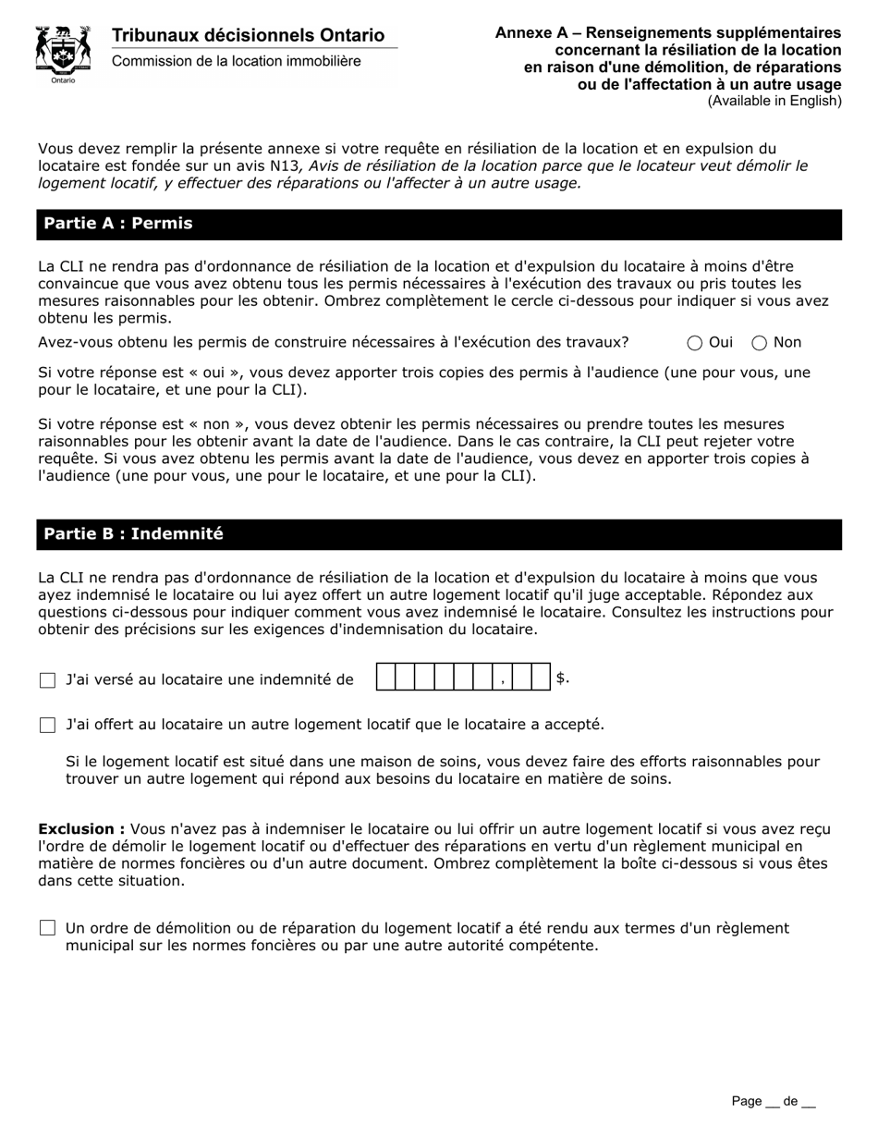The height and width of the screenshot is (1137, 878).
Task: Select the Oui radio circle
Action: pos(695,343)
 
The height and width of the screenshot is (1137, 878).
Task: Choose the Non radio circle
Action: pos(760,343)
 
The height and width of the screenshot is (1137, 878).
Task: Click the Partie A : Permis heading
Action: pos(118,224)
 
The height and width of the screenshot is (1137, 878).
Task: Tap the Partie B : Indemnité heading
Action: pos(133,534)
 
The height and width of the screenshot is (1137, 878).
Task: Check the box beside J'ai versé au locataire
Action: pos(48,680)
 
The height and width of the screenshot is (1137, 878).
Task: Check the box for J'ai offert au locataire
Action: pos(48,725)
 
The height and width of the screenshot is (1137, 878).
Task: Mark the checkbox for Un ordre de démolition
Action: pos(48,928)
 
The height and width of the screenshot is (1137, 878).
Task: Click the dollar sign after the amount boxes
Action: pos(562,679)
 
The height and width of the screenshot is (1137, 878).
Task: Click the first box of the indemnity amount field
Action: pos(386,679)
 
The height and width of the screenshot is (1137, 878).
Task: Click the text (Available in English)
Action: pos(774,101)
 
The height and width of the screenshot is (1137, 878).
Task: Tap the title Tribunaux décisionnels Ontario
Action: pos(248,35)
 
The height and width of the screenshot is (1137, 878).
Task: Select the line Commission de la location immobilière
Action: pos(237,61)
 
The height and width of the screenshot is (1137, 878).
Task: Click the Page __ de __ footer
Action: pos(774,1101)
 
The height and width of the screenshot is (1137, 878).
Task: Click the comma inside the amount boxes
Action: pos(502,681)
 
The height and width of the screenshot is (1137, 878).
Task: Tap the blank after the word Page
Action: pos(772,1102)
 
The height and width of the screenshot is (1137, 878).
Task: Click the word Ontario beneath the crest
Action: pos(64,81)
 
